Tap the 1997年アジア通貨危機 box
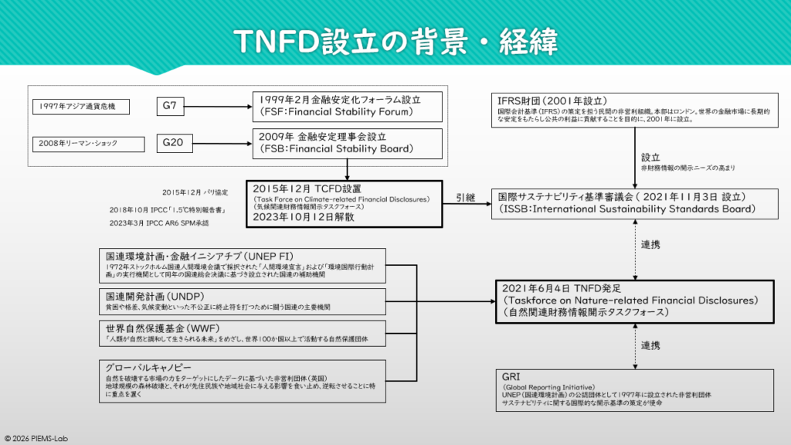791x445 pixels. (x=82, y=106)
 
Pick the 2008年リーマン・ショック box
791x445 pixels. (x=82, y=143)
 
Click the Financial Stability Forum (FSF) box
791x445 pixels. (x=348, y=106)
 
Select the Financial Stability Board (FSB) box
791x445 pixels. (x=348, y=143)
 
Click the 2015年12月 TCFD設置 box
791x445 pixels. (x=344, y=203)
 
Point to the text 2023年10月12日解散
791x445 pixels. (x=297, y=219)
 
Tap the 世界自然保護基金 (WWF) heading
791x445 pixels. (x=159, y=328)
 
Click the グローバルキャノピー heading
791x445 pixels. (x=147, y=367)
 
